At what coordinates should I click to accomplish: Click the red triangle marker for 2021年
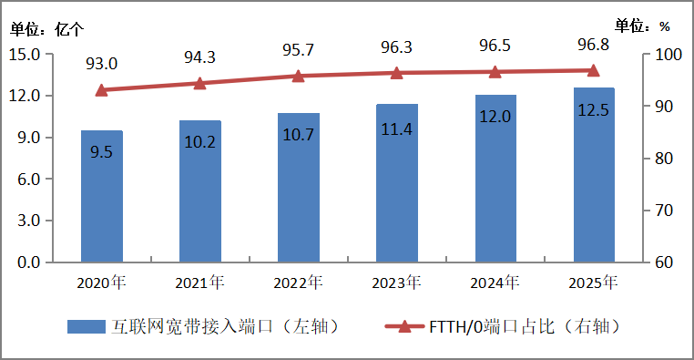[x=199, y=83]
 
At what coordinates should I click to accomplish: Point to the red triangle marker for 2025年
[x=593, y=70]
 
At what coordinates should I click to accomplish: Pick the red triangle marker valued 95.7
[x=298, y=76]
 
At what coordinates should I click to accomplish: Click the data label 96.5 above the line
[x=495, y=43]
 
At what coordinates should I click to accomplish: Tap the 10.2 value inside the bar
[x=199, y=142]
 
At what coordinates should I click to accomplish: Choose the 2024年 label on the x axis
[x=495, y=283]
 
